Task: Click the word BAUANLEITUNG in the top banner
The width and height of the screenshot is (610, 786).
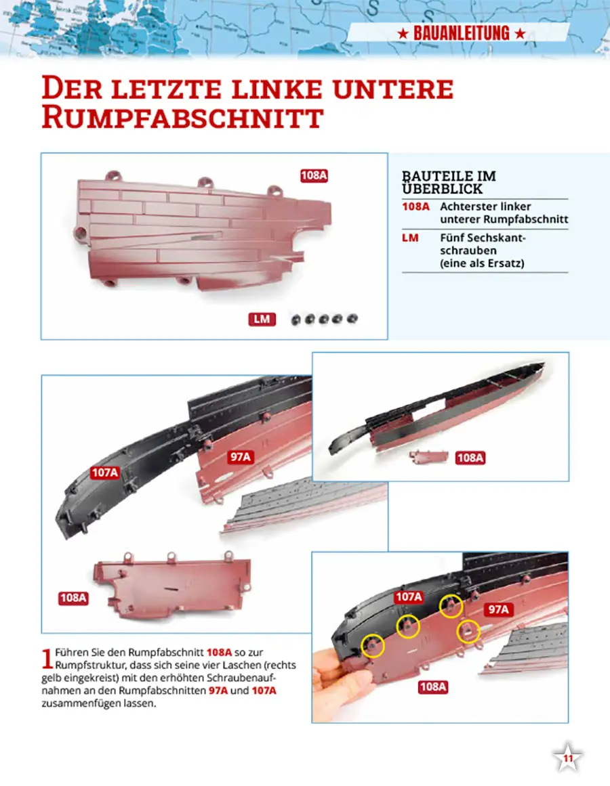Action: (x=461, y=34)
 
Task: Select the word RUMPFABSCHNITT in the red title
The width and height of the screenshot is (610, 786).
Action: (x=182, y=118)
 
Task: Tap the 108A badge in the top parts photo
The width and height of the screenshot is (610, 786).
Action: (x=314, y=175)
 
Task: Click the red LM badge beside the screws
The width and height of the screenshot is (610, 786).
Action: (x=262, y=320)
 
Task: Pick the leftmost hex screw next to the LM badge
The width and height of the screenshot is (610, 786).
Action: (x=296, y=320)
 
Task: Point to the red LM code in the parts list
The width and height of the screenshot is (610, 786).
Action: (x=410, y=238)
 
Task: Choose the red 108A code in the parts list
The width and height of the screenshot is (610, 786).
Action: (x=416, y=206)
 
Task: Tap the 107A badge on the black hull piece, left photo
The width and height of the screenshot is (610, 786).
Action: (x=105, y=473)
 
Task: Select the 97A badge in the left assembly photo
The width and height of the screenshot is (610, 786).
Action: (x=241, y=457)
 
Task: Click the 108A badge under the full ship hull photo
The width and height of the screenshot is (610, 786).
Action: (x=470, y=458)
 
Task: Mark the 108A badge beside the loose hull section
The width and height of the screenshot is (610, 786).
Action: (x=73, y=598)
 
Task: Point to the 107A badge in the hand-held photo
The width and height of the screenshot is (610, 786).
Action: (x=409, y=597)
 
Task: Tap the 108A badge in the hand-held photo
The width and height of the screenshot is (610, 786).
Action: (x=433, y=686)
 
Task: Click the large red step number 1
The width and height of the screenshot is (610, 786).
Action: (x=47, y=659)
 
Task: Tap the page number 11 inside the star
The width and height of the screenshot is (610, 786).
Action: (x=567, y=758)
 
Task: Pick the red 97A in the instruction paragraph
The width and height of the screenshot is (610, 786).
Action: (x=218, y=691)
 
